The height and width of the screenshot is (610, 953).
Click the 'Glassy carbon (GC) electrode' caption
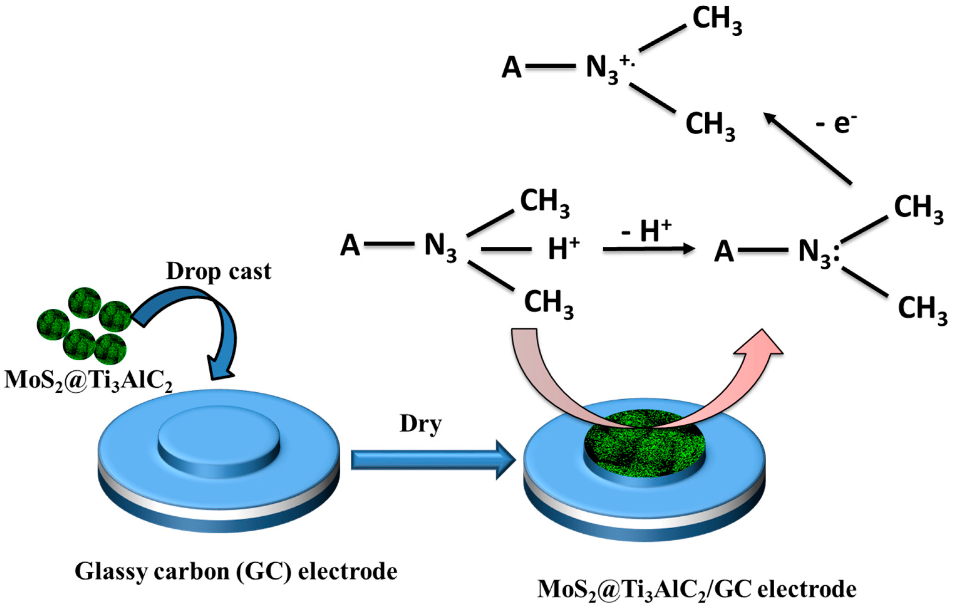click(236, 571)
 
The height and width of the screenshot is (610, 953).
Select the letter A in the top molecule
click(511, 67)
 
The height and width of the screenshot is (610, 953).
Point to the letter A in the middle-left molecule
click(350, 245)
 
